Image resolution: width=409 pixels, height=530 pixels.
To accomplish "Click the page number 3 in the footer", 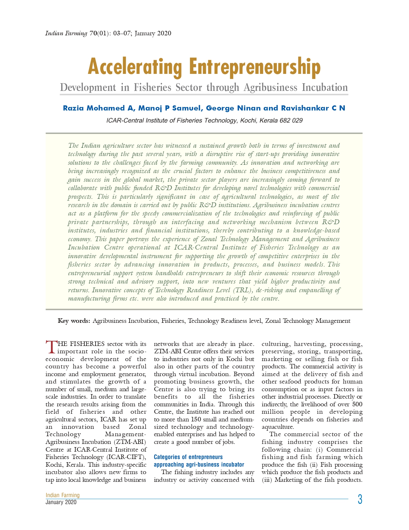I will point(360,499).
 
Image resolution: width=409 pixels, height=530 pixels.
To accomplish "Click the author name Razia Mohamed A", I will point(98,108).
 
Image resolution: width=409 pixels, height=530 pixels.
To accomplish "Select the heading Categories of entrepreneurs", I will point(188,457).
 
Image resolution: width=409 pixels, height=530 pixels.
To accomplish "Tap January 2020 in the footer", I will point(61,502).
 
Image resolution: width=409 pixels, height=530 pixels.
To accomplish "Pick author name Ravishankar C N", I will point(313,108).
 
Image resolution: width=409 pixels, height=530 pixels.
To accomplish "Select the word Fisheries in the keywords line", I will point(173,321).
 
